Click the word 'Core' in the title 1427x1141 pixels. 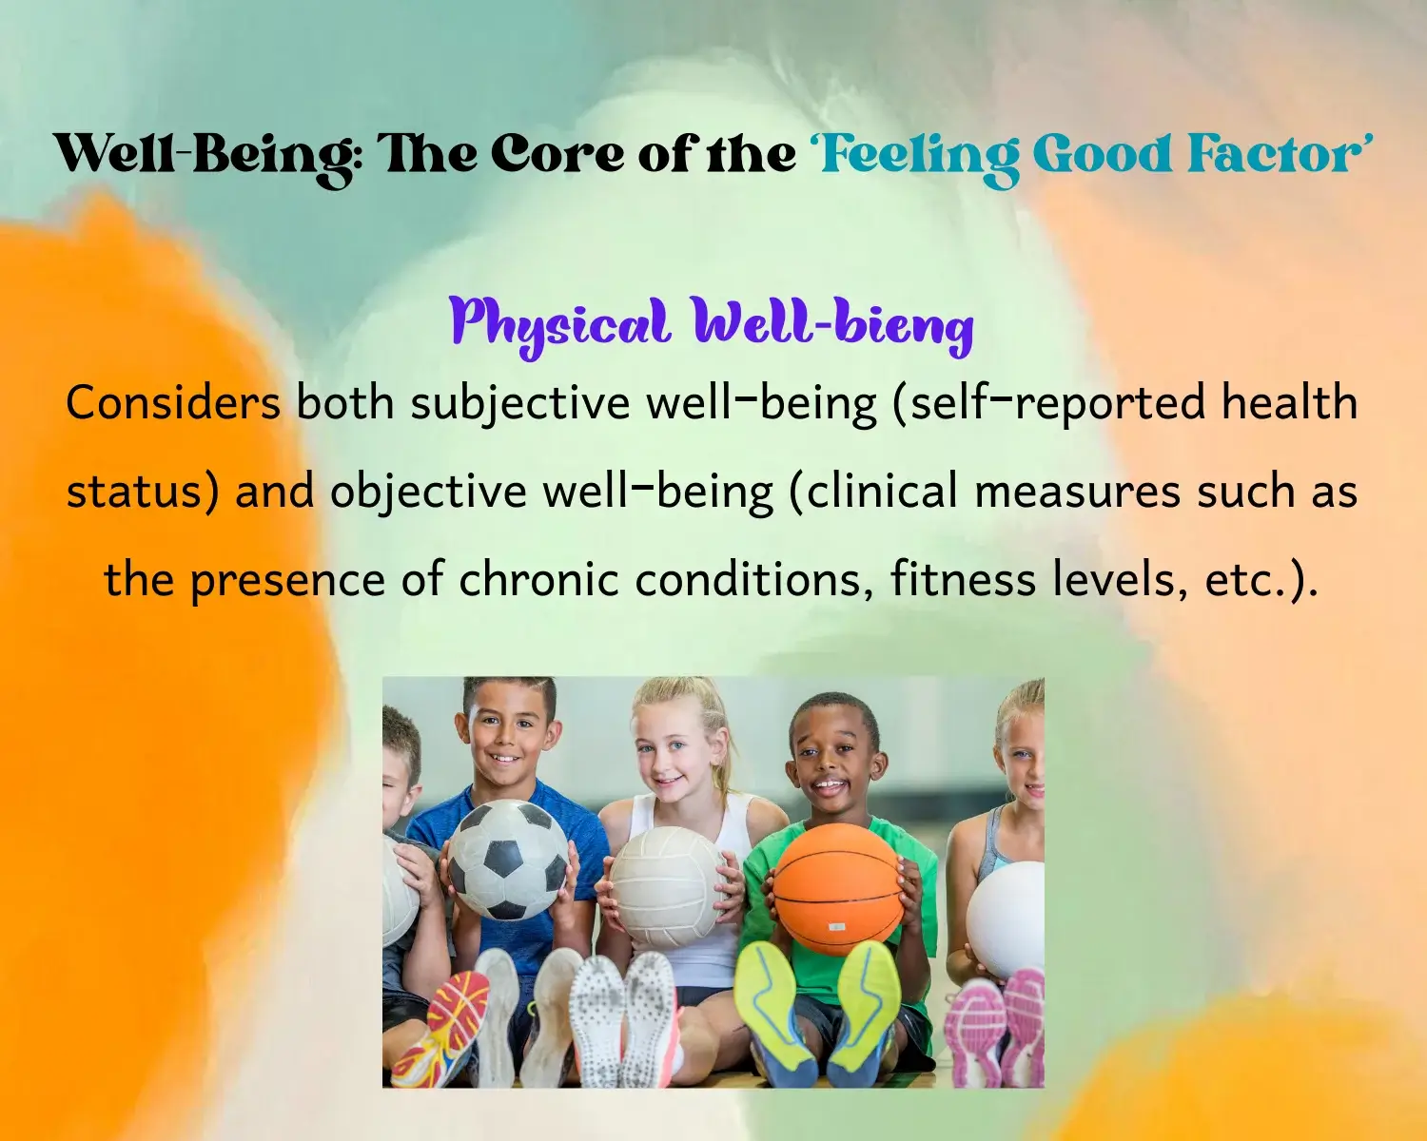pyautogui.click(x=557, y=154)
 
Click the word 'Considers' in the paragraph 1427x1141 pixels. pyautogui.click(x=173, y=402)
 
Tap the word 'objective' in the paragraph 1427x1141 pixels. pyautogui.click(x=428, y=492)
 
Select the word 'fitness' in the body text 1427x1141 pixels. pyautogui.click(x=963, y=578)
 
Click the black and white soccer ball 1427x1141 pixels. pyautogui.click(x=509, y=860)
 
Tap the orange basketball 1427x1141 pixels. pyautogui.click(x=839, y=888)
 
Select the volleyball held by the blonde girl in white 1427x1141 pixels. pyautogui.click(x=669, y=886)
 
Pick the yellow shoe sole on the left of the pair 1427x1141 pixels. pyautogui.click(x=774, y=1013)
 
